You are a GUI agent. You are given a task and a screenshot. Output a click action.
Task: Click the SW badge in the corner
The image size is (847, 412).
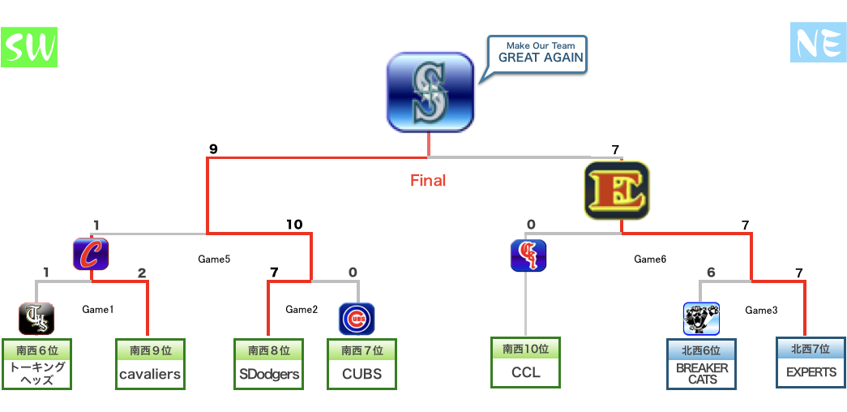(x=29, y=48)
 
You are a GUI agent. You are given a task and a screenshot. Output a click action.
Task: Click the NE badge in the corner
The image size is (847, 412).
(x=817, y=42)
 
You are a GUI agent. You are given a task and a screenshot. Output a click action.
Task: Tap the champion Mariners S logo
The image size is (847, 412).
(x=430, y=91)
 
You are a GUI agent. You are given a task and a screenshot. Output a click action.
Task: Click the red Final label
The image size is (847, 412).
(x=428, y=180)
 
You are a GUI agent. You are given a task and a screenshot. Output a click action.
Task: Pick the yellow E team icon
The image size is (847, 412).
(x=616, y=190)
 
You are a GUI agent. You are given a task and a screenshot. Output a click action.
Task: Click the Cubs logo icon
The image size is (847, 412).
(x=357, y=319)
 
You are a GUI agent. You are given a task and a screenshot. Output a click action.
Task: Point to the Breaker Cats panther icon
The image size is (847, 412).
(x=701, y=319)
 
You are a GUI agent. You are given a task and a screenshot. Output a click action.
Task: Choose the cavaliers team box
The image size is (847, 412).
(x=150, y=364)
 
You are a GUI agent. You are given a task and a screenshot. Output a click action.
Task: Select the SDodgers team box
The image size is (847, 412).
(x=269, y=364)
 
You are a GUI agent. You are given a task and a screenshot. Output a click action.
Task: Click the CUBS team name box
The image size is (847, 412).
(x=361, y=364)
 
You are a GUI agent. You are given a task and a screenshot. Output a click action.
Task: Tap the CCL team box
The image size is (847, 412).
(x=525, y=363)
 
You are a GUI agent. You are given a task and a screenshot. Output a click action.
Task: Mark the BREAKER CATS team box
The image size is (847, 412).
(x=702, y=364)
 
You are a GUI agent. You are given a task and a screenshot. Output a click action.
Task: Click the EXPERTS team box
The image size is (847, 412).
(x=811, y=363)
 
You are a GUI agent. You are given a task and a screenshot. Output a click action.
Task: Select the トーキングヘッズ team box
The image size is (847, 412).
(x=36, y=364)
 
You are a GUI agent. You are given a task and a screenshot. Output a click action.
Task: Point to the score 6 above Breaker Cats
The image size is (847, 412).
(x=711, y=273)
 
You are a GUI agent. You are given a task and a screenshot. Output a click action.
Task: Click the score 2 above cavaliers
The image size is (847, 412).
(x=142, y=273)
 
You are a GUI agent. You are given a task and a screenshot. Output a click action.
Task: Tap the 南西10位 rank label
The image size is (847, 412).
(x=525, y=349)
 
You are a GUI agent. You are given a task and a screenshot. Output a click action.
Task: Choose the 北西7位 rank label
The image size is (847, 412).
(x=811, y=349)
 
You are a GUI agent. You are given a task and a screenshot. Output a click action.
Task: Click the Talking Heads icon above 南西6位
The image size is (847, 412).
(x=36, y=319)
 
